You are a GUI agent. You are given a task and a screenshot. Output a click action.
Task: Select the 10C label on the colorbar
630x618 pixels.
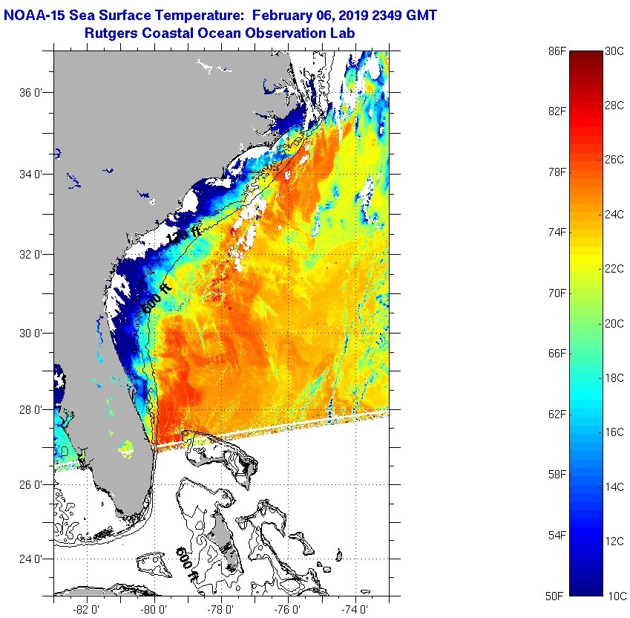pos(614,596)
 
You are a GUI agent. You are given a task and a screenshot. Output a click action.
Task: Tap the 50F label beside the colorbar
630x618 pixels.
pos(557,596)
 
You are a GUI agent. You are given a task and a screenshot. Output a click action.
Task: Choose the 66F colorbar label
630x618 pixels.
pos(557,353)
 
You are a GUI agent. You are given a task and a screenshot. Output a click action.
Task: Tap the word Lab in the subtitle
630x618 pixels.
pos(341,33)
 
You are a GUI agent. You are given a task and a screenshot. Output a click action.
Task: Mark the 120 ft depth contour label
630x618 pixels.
pos(183,232)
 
